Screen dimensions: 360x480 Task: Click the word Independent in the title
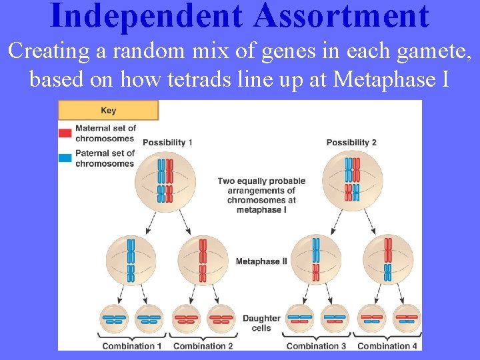point(136,16)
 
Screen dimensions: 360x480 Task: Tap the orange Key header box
point(108,110)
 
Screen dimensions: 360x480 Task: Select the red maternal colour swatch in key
point(65,133)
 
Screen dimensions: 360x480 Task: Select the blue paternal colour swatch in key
point(65,158)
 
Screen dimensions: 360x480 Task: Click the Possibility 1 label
point(167,143)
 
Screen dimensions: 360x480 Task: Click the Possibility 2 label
point(351,143)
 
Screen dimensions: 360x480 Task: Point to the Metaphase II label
point(261,261)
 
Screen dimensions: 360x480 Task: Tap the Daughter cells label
point(261,323)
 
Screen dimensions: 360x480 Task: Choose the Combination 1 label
point(132,346)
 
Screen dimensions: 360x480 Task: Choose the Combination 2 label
point(203,346)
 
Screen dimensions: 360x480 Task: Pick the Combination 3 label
point(316,346)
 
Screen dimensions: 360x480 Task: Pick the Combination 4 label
point(387,346)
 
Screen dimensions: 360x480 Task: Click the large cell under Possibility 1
point(165,181)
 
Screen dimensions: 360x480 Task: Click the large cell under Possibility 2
point(351,181)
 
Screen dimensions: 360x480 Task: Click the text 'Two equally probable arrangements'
point(261,185)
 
